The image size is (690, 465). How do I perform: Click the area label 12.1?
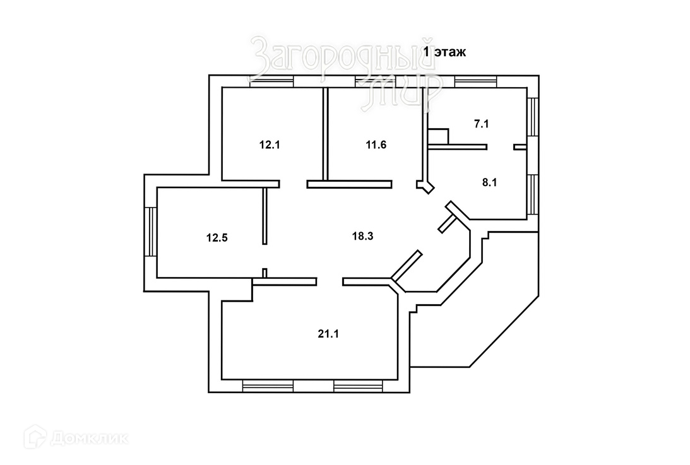tap(269, 144)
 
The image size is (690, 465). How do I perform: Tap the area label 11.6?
tap(376, 144)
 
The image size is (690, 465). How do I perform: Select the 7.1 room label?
tap(481, 124)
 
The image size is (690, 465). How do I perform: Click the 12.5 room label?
tap(216, 238)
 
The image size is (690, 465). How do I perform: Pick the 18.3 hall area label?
tap(362, 237)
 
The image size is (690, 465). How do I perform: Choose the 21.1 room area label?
tap(328, 334)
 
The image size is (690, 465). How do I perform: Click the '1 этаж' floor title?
tap(444, 53)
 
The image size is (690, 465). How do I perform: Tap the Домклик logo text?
tap(88, 437)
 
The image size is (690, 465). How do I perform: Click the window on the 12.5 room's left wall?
tap(150, 232)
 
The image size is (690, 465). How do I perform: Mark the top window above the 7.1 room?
tap(477, 81)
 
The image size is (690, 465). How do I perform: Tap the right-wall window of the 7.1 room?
tap(532, 117)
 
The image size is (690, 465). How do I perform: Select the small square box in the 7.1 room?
tap(438, 137)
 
